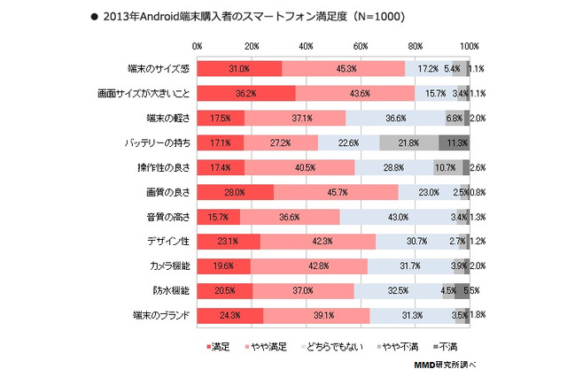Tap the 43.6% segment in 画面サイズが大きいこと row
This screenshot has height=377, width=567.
pos(355,93)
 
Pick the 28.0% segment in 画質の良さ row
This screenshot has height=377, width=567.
pos(235,191)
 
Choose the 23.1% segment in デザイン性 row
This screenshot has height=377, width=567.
pos(229,241)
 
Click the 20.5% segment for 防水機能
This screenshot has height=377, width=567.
pos(224,289)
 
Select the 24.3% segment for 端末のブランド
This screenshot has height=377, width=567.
pos(229,314)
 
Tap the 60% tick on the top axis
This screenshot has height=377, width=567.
pos(361,45)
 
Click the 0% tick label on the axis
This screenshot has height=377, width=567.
pos(197,45)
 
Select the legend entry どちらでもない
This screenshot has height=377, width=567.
pos(324,346)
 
